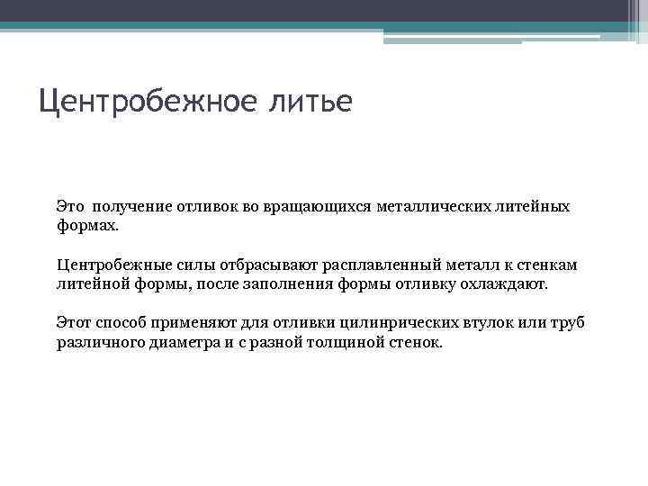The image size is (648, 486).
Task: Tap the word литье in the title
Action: pyautogui.click(x=310, y=100)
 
